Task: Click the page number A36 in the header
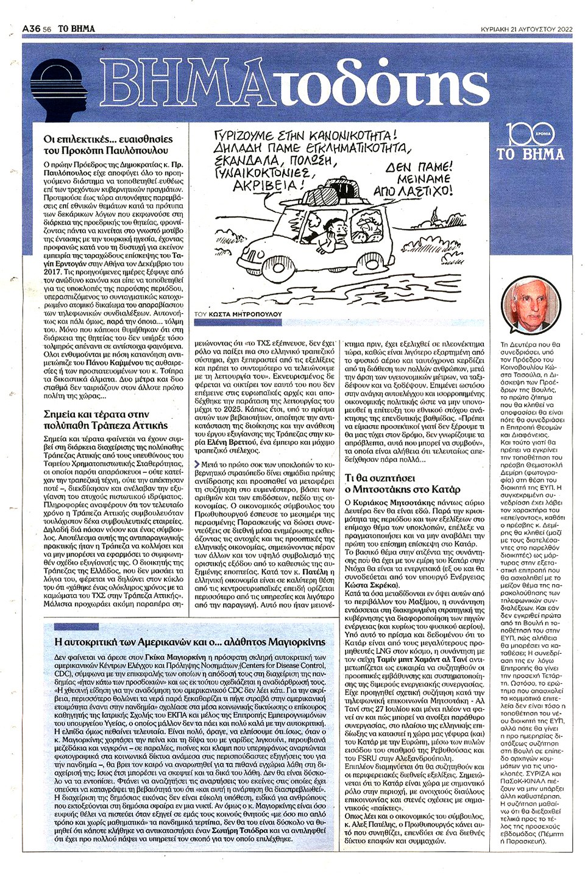click(x=31, y=29)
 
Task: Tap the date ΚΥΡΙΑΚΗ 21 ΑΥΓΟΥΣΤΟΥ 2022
click(x=526, y=29)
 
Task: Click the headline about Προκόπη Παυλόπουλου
click(x=108, y=144)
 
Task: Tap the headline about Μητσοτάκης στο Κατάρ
click(x=402, y=483)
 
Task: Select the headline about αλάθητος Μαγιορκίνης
click(x=190, y=642)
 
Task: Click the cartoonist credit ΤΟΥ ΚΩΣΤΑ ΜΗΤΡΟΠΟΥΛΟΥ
click(x=238, y=314)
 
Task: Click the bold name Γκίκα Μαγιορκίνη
click(x=175, y=657)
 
